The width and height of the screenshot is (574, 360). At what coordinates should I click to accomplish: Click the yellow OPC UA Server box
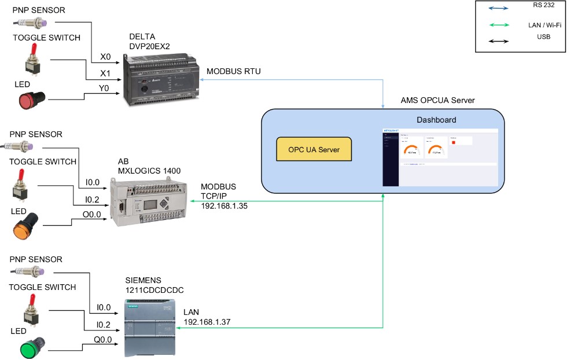click(x=314, y=149)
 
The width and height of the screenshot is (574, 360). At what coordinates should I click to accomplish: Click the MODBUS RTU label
click(x=234, y=71)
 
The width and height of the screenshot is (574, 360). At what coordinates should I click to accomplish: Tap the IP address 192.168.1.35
click(x=224, y=205)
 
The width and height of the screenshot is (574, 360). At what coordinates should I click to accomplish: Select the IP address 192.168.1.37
click(x=207, y=322)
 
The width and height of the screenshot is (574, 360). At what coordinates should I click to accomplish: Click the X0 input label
click(x=105, y=57)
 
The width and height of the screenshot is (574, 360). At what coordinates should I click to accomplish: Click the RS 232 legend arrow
click(x=498, y=8)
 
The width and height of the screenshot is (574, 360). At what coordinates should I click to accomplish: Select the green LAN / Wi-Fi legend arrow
click(x=498, y=25)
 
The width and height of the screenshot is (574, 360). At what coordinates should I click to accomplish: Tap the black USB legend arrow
click(x=498, y=41)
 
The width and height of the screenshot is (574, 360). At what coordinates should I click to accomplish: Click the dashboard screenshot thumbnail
click(x=440, y=157)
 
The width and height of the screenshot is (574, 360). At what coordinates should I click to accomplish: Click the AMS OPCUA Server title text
click(x=437, y=100)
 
